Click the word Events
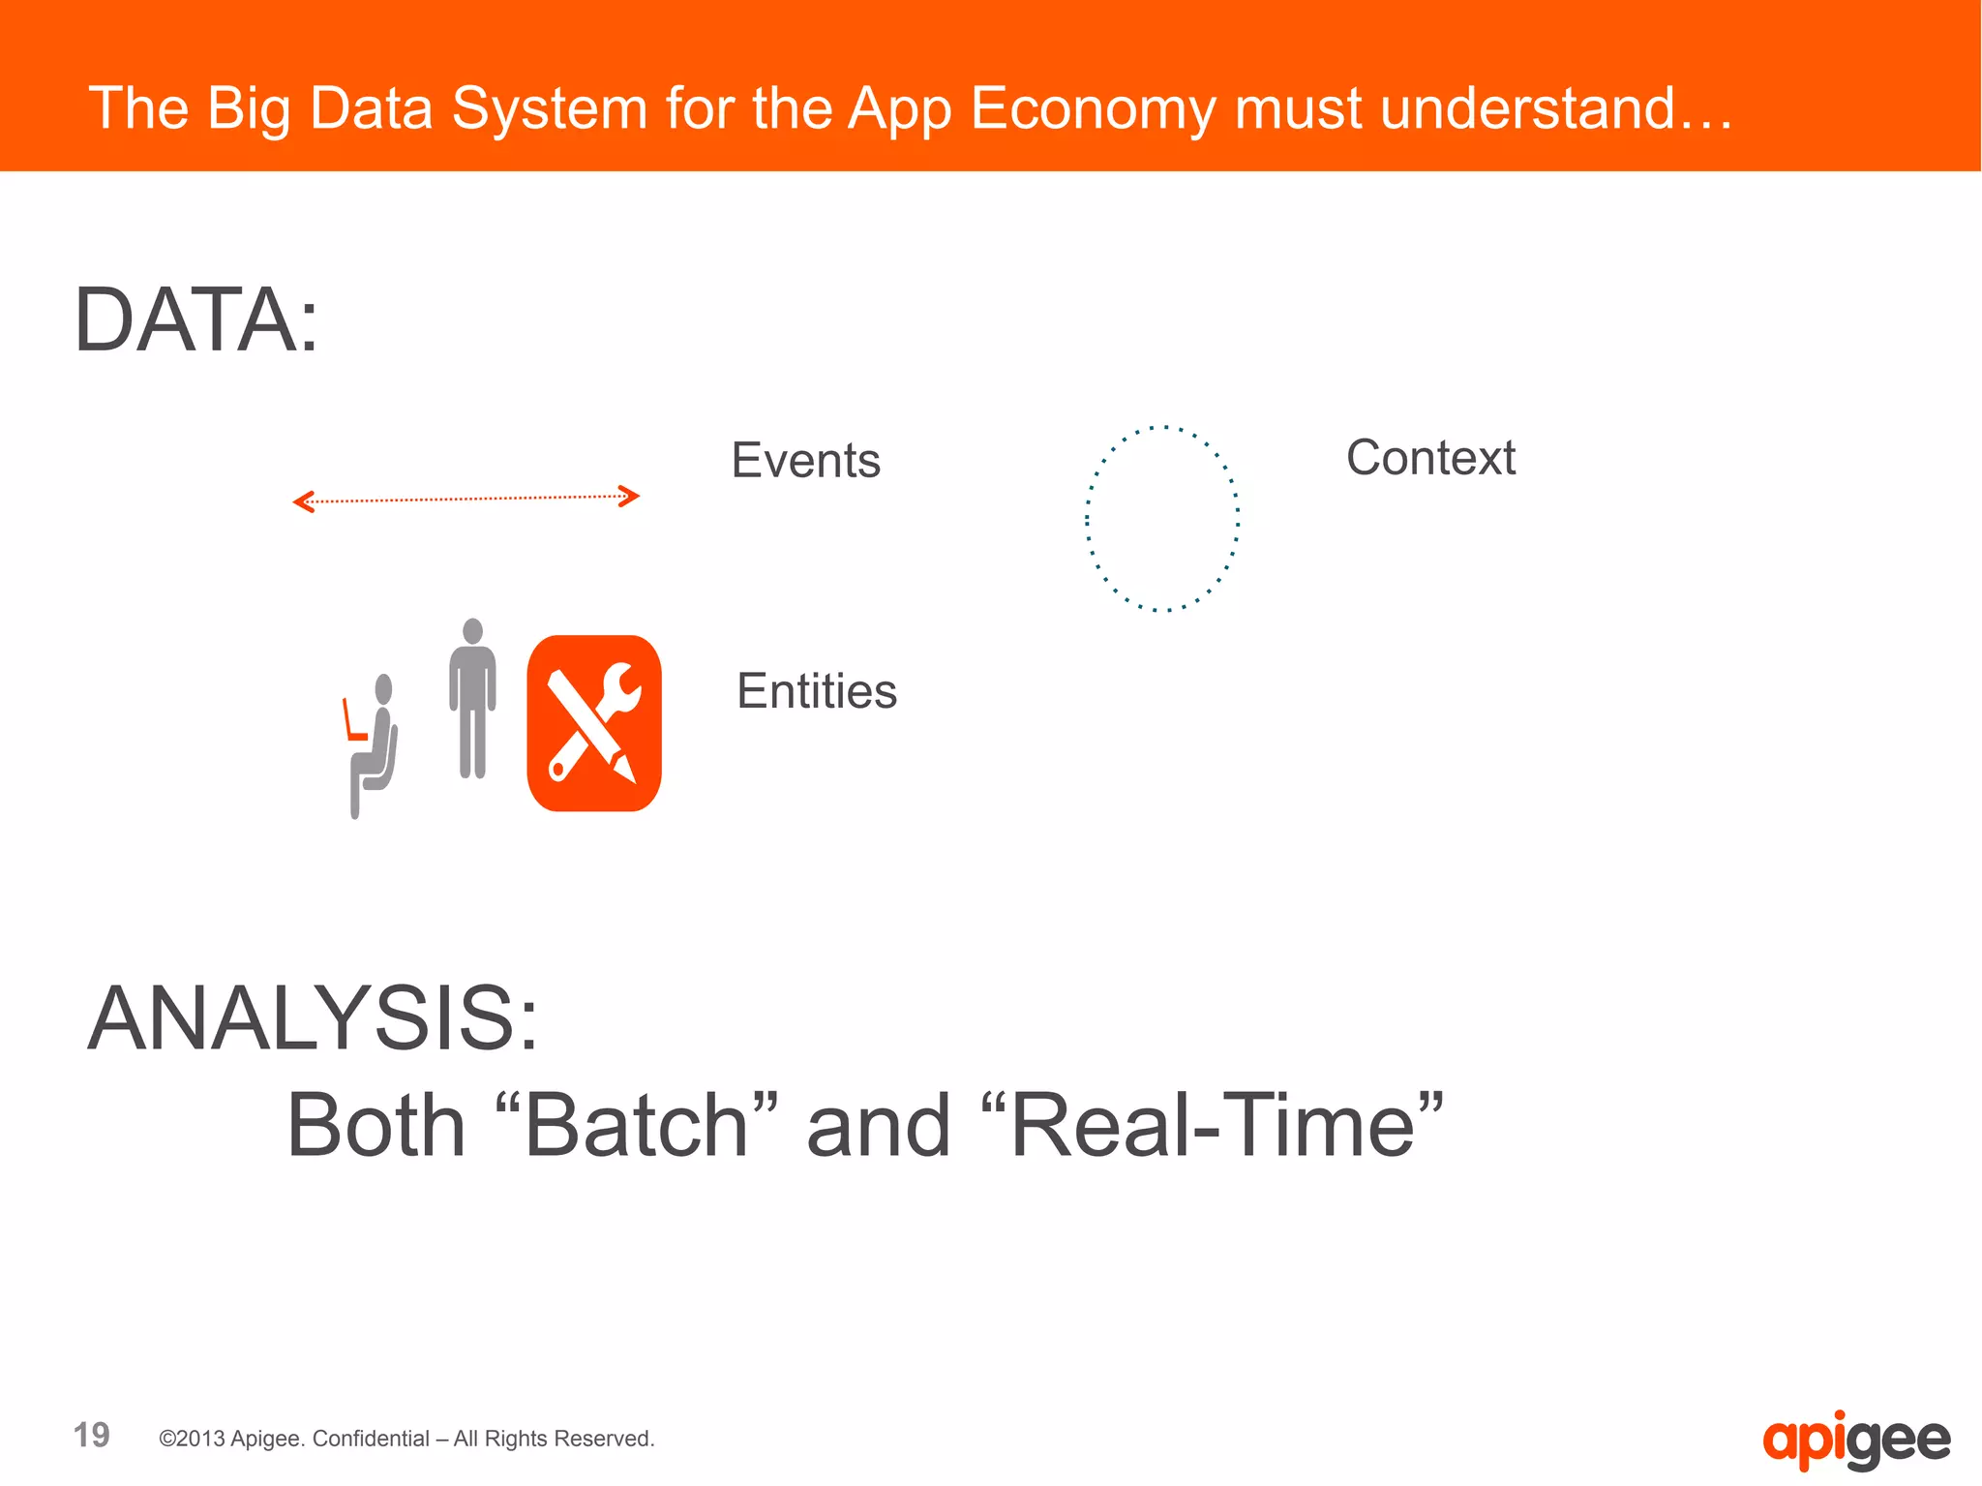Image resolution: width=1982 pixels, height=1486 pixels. (x=805, y=460)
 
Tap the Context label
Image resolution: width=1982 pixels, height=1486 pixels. (x=1430, y=458)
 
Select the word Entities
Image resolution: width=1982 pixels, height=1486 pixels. (x=817, y=691)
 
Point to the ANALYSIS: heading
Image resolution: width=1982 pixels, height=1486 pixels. (x=313, y=1018)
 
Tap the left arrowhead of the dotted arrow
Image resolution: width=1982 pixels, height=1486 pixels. (x=303, y=501)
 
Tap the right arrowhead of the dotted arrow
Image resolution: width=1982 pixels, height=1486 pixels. (x=630, y=497)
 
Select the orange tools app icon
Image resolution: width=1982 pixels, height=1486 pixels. (x=594, y=723)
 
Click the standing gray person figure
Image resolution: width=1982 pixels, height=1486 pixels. (x=472, y=697)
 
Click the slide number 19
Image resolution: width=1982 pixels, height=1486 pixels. (x=92, y=1435)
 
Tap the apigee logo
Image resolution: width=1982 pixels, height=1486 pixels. (x=1855, y=1441)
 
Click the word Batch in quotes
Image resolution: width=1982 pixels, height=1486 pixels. (x=636, y=1125)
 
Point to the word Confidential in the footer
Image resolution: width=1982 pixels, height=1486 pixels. (x=371, y=1439)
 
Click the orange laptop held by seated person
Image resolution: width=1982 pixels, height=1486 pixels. (x=352, y=721)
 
